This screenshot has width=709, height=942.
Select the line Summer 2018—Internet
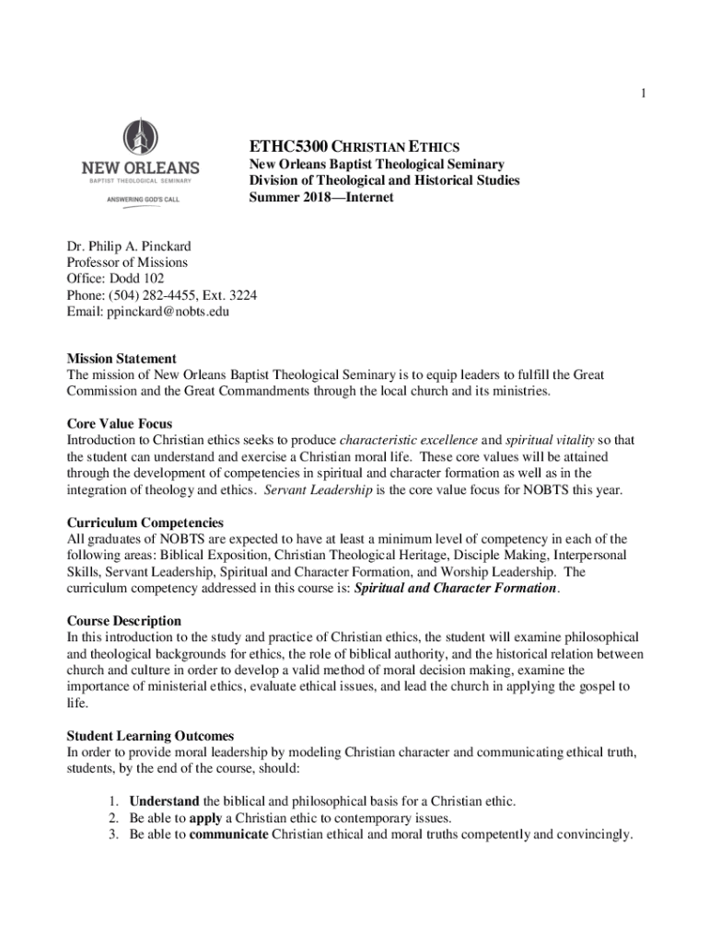point(321,197)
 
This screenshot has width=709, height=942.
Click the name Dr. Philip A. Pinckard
point(129,246)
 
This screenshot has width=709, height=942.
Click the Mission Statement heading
point(122,358)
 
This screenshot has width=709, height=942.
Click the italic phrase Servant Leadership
point(318,489)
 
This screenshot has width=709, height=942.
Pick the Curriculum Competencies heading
point(145,523)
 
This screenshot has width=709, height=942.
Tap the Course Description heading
point(124,621)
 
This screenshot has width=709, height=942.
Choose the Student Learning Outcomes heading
point(150,736)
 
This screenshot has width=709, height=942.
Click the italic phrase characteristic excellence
point(406,440)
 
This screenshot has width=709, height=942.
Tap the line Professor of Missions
point(127,262)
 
